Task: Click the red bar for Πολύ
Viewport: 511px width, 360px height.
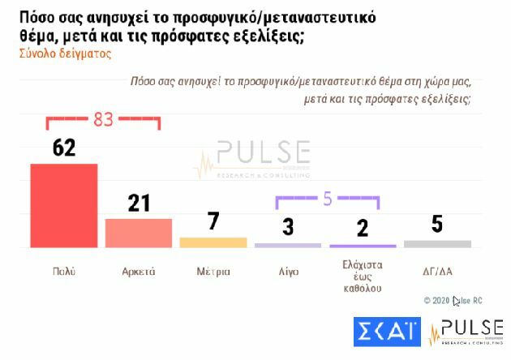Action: coord(63,205)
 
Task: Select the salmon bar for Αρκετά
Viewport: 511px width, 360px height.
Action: coord(138,233)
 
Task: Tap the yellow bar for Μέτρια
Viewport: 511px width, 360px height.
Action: coord(213,242)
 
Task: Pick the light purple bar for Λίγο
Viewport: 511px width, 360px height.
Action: coord(288,245)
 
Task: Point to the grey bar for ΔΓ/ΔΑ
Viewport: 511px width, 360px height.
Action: coord(437,243)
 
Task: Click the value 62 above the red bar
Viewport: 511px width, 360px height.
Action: coord(63,148)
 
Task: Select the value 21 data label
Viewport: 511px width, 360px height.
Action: coord(139,203)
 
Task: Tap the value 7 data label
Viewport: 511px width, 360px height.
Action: coord(213,222)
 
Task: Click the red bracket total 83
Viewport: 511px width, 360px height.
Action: coord(103,119)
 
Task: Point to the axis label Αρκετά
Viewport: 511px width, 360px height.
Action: coord(139,271)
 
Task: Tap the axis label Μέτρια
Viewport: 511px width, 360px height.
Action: coord(213,271)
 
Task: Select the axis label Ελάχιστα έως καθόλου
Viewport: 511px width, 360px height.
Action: coord(363,276)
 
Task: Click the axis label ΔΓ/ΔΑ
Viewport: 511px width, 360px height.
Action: coord(437,271)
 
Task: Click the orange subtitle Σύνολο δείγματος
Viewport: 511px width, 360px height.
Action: coord(65,54)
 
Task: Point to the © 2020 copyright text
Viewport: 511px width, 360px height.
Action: coord(453,300)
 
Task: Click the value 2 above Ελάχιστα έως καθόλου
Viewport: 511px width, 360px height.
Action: coord(363,228)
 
